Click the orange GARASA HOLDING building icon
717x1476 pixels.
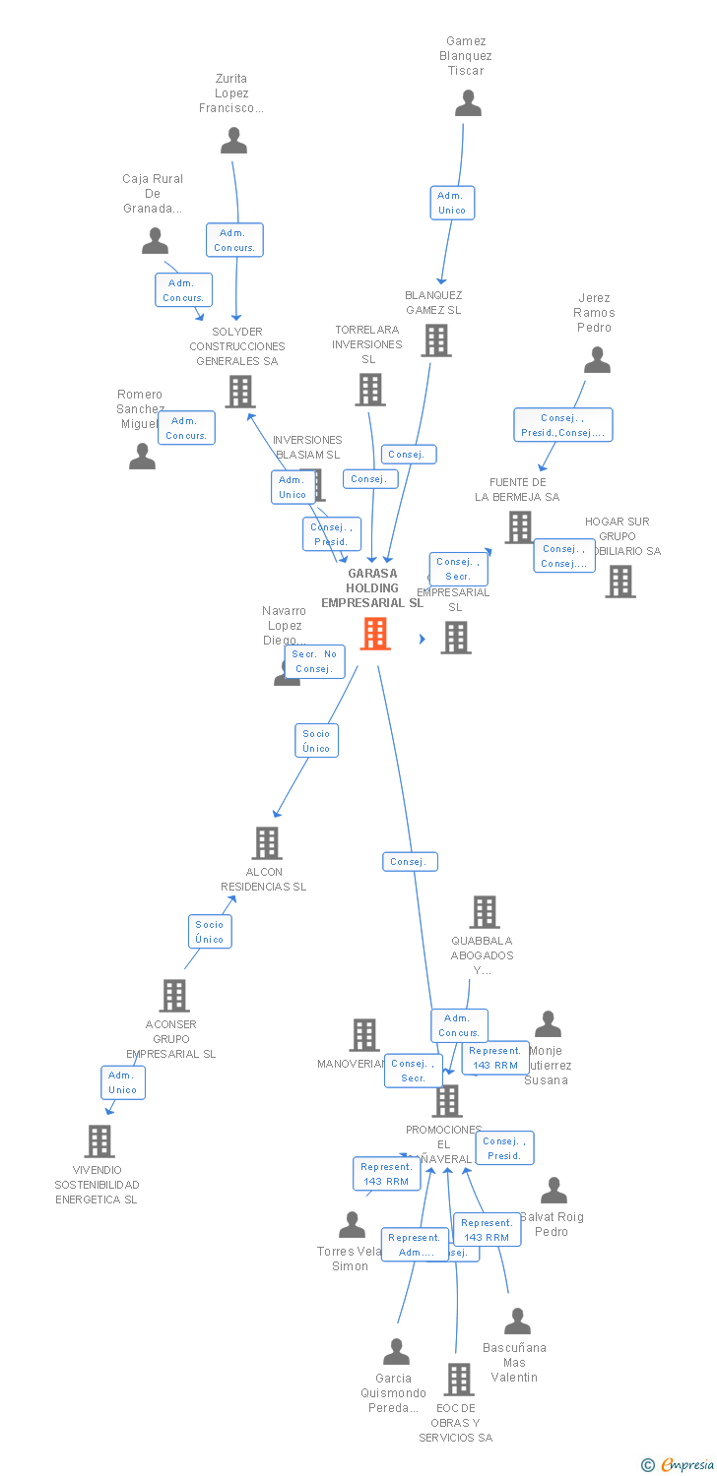coord(374,634)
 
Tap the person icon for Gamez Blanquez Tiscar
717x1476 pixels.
coord(468,103)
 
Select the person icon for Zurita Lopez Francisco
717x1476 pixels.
coord(233,141)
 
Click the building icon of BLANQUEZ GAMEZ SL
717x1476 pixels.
coord(436,340)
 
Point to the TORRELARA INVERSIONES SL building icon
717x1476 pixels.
coord(369,390)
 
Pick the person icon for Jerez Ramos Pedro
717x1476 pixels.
coord(597,360)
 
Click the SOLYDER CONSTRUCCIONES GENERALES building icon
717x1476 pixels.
coord(239,392)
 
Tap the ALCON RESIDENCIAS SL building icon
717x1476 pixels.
coord(266,843)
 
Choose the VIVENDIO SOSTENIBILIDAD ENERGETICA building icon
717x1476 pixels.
coord(99,1141)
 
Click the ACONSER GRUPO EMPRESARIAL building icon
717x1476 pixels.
coord(174,996)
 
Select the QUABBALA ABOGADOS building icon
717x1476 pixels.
coord(484,912)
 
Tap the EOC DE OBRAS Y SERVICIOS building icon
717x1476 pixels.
coord(458,1380)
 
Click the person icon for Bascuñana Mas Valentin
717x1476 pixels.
coord(517,1322)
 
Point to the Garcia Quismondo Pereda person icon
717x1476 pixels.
coord(396,1352)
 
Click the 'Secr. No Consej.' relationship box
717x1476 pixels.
coord(314,661)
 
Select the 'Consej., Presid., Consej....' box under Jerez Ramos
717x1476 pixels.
coord(562,425)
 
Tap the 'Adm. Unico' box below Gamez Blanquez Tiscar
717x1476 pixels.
coord(452,203)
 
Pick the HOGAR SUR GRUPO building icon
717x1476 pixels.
coord(619,582)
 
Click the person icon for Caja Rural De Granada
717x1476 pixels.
coord(155,241)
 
